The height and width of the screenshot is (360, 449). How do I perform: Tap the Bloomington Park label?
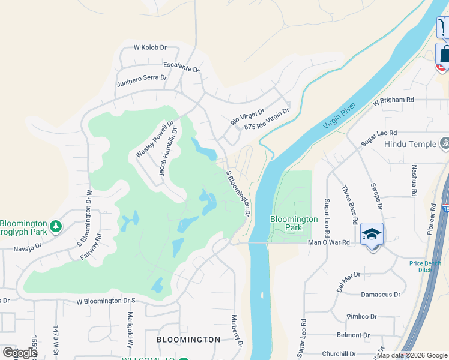click(x=294, y=223)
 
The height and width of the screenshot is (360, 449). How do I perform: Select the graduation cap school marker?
click(x=372, y=234)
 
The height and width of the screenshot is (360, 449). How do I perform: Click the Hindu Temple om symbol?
click(x=444, y=144)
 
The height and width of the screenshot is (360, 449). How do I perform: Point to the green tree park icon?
click(x=56, y=226)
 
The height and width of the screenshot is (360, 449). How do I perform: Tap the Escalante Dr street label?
click(x=181, y=67)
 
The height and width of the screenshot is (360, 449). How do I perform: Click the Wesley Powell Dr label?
click(x=149, y=139)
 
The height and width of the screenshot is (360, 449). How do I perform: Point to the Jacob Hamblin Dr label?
click(x=167, y=151)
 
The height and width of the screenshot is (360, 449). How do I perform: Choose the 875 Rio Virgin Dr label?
click(x=267, y=119)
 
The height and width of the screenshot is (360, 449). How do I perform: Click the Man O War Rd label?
click(x=328, y=242)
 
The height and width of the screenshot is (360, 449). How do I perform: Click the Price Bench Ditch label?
click(x=426, y=266)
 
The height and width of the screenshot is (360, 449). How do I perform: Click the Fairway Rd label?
click(x=91, y=246)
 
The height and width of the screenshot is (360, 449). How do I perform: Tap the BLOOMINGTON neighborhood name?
click(x=188, y=340)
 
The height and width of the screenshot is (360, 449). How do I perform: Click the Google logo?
click(x=20, y=353)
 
